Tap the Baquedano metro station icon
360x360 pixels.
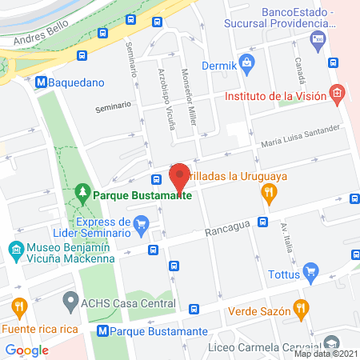coord(39,81)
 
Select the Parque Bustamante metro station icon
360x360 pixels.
coord(102,330)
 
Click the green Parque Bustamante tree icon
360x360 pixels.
coord(82,194)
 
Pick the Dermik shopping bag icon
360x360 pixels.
coord(246,62)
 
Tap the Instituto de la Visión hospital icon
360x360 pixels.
coord(337,95)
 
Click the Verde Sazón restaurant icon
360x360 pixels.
coord(301,307)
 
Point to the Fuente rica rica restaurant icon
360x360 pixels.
coord(18,306)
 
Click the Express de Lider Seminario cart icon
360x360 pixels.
coord(142,224)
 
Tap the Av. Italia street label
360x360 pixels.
coord(285,238)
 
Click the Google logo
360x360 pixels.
coord(27,350)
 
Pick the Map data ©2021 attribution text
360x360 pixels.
coord(326,354)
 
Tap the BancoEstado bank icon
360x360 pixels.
coord(318,38)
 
